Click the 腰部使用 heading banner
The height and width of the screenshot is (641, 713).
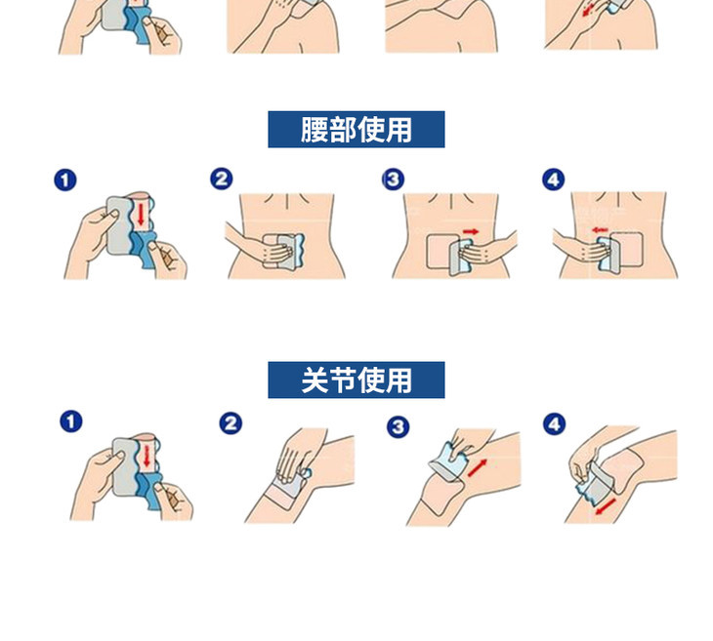[356, 130]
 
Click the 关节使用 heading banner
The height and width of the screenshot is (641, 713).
[356, 381]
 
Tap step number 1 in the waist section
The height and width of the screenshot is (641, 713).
[65, 180]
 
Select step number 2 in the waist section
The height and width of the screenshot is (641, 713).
[222, 179]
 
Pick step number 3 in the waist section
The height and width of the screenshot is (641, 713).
[393, 179]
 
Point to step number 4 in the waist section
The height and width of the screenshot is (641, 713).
[554, 180]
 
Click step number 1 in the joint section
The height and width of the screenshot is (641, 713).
[71, 421]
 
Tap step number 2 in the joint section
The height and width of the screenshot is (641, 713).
[231, 423]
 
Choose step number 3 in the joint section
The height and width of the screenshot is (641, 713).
[398, 427]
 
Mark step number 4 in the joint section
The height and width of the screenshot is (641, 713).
[554, 424]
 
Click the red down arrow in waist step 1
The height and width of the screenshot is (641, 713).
[141, 215]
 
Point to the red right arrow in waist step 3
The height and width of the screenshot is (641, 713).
[471, 231]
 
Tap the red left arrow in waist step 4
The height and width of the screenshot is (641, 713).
[600, 230]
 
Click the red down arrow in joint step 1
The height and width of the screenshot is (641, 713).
[147, 456]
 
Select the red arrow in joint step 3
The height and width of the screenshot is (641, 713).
[477, 468]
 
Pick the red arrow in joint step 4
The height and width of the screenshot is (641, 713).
[606, 506]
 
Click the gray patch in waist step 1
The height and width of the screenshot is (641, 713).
[118, 225]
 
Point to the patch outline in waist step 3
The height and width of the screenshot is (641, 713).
[427, 251]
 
